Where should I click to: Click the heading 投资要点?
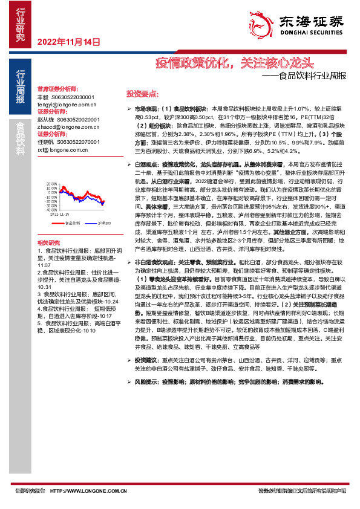tap(142, 94)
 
